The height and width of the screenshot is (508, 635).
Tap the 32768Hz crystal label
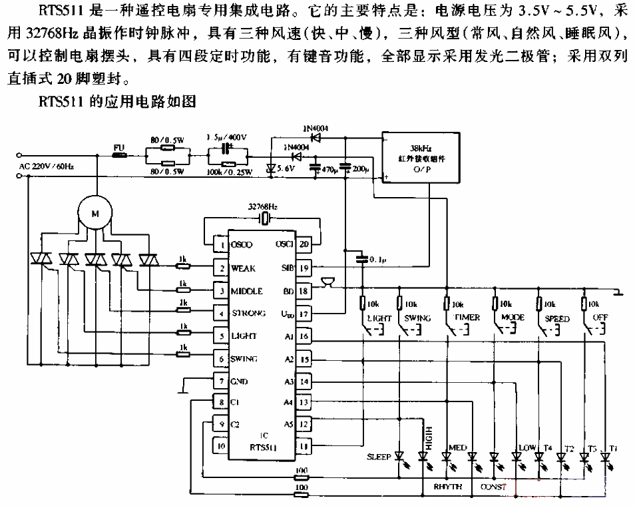tap(262, 207)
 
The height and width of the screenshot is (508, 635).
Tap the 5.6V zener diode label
tap(286, 169)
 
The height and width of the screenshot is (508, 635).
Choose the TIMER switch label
tap(467, 318)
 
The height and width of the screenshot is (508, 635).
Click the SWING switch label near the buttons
tap(417, 318)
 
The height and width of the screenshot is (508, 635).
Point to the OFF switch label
tap(600, 318)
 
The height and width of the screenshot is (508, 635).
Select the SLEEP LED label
tap(379, 457)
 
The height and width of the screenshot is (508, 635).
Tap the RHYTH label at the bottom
tap(447, 487)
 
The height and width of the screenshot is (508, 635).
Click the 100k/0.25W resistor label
tap(230, 172)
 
